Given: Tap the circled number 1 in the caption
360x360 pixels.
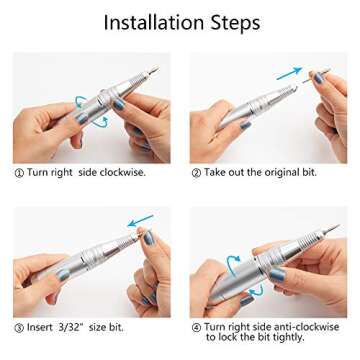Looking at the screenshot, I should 19,172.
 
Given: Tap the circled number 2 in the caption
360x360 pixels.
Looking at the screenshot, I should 196,172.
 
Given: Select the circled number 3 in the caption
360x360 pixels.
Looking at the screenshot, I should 19,326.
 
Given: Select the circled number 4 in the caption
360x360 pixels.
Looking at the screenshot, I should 196,326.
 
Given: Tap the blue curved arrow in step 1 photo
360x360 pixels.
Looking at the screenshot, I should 82,105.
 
